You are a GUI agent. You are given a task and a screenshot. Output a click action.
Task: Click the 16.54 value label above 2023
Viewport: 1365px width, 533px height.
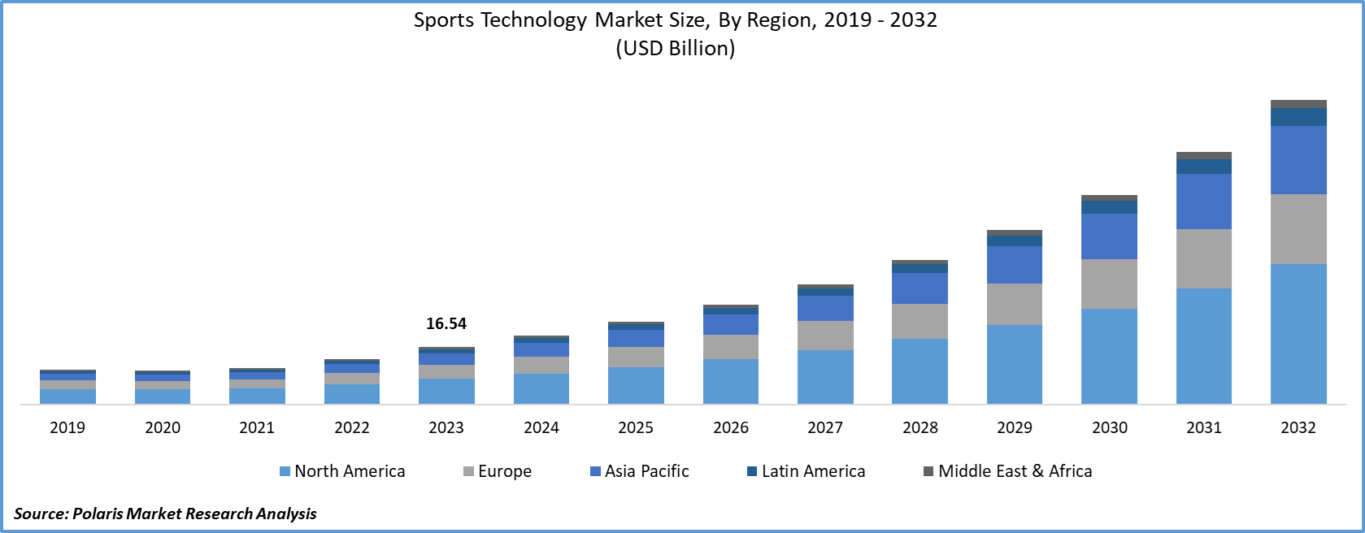(446, 323)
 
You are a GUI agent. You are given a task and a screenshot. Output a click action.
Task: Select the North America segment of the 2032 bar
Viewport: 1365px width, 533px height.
(1298, 333)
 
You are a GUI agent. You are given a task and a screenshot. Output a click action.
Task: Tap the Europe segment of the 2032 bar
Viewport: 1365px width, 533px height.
(1298, 228)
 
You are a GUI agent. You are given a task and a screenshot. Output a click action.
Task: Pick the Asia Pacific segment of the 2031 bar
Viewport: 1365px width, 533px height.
(1203, 201)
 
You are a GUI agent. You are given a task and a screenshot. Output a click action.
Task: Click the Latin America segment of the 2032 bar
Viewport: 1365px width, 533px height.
(1298, 117)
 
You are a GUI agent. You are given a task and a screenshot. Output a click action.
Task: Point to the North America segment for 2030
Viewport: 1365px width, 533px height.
(1109, 356)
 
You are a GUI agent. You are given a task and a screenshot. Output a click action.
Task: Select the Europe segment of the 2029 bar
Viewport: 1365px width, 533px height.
(1014, 304)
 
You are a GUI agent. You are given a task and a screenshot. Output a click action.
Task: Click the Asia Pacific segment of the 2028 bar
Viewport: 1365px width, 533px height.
(919, 288)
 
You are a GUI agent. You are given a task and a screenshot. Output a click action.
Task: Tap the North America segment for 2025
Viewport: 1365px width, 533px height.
(636, 385)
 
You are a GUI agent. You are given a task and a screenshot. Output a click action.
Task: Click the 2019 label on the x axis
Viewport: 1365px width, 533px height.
(67, 427)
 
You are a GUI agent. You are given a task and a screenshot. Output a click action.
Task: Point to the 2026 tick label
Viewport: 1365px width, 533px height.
(730, 427)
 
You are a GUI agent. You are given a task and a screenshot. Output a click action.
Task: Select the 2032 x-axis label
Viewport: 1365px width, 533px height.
(1298, 427)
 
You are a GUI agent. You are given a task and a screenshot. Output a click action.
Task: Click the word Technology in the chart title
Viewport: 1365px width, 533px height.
(533, 20)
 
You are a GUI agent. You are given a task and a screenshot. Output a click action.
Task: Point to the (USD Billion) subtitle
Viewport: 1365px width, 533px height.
(675, 48)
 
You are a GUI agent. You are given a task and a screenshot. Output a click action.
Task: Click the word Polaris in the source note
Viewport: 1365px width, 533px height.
(98, 513)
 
